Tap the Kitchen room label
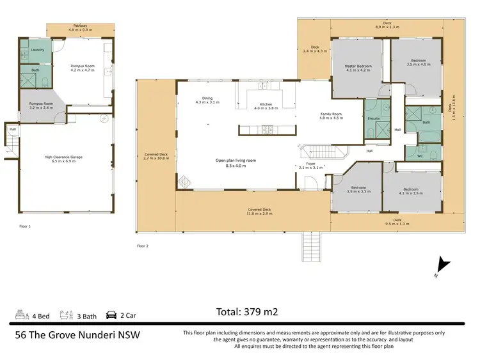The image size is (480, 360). point(266,104)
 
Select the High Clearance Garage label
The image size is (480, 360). point(64,157)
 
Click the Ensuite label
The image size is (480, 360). point(374,118)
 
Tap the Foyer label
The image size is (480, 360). point(312,164)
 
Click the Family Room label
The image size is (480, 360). point(332,114)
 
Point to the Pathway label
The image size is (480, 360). point(80,26)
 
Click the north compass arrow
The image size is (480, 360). point(442,265)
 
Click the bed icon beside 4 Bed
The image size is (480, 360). point(21,315)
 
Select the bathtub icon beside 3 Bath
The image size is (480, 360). point(65,315)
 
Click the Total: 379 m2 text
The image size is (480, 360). point(247,312)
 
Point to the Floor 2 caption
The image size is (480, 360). point(143,246)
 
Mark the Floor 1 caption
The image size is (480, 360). point(24,226)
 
